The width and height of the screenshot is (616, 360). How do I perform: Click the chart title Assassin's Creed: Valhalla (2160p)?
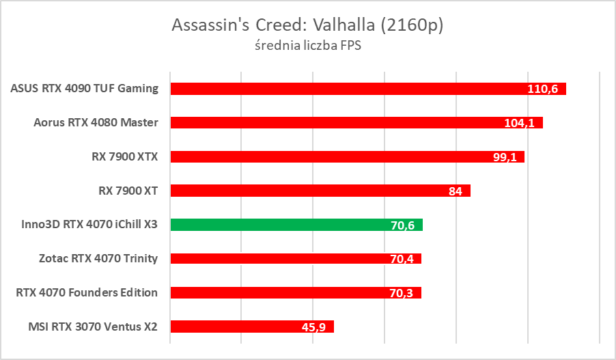point(307,25)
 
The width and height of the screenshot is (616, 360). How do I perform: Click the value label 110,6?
point(543,89)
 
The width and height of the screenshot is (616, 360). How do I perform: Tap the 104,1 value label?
point(520,123)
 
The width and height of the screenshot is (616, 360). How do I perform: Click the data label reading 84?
point(456,191)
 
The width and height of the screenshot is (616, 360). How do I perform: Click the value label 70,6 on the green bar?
point(404,225)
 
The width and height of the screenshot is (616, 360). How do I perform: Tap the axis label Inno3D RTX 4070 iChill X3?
point(85,224)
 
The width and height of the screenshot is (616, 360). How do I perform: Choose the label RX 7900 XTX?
point(124,156)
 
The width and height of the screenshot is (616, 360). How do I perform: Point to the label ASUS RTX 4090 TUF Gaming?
point(85,88)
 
